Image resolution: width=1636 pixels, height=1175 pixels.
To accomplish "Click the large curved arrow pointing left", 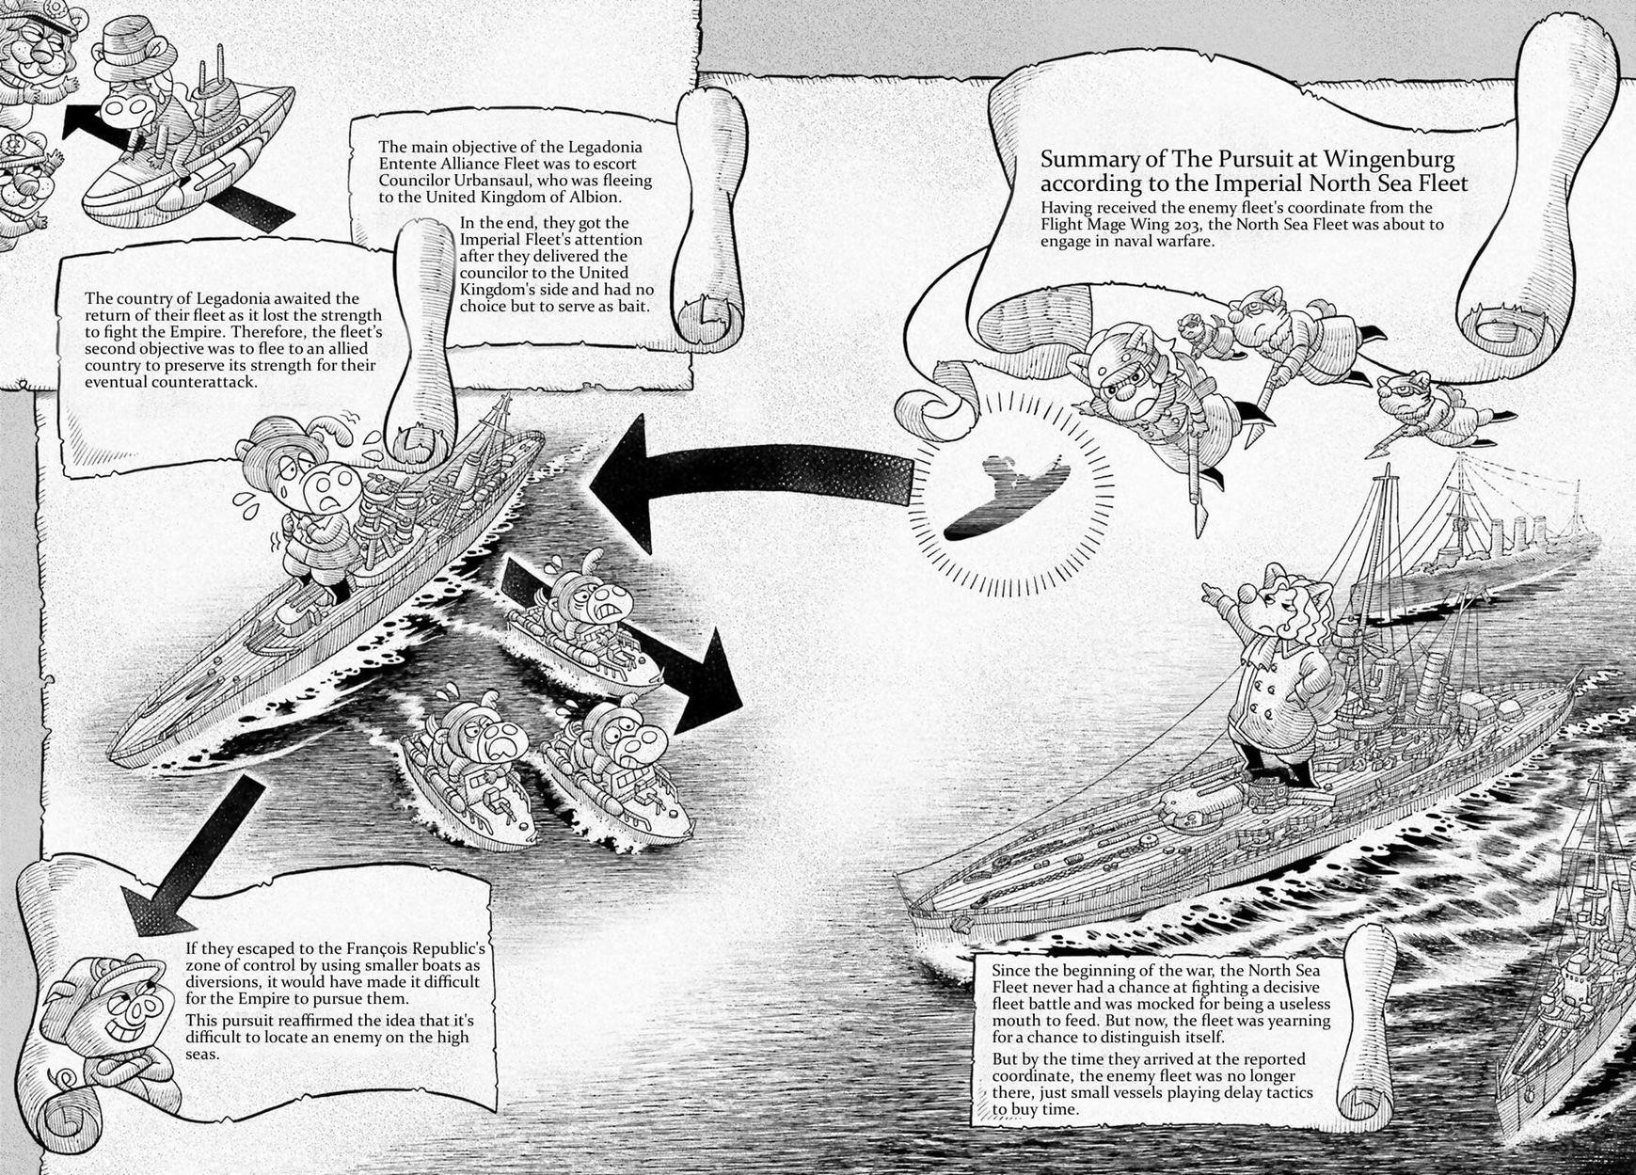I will point(734,480).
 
